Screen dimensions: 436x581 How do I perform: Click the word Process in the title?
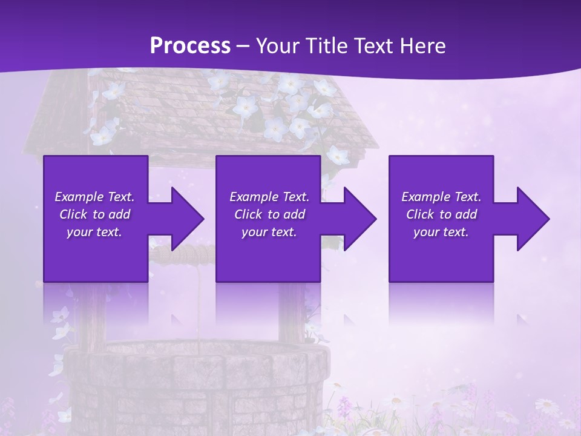tap(190, 46)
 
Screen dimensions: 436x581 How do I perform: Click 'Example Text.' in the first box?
tap(94, 197)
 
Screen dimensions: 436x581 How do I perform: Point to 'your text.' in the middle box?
tap(269, 232)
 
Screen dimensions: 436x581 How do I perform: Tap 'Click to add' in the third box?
tap(441, 214)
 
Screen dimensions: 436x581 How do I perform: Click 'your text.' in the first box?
tap(94, 232)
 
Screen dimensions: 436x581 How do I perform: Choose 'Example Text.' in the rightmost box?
tap(441, 197)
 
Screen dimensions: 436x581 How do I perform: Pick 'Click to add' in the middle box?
tap(269, 214)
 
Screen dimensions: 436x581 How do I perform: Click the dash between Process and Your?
tap(243, 46)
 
